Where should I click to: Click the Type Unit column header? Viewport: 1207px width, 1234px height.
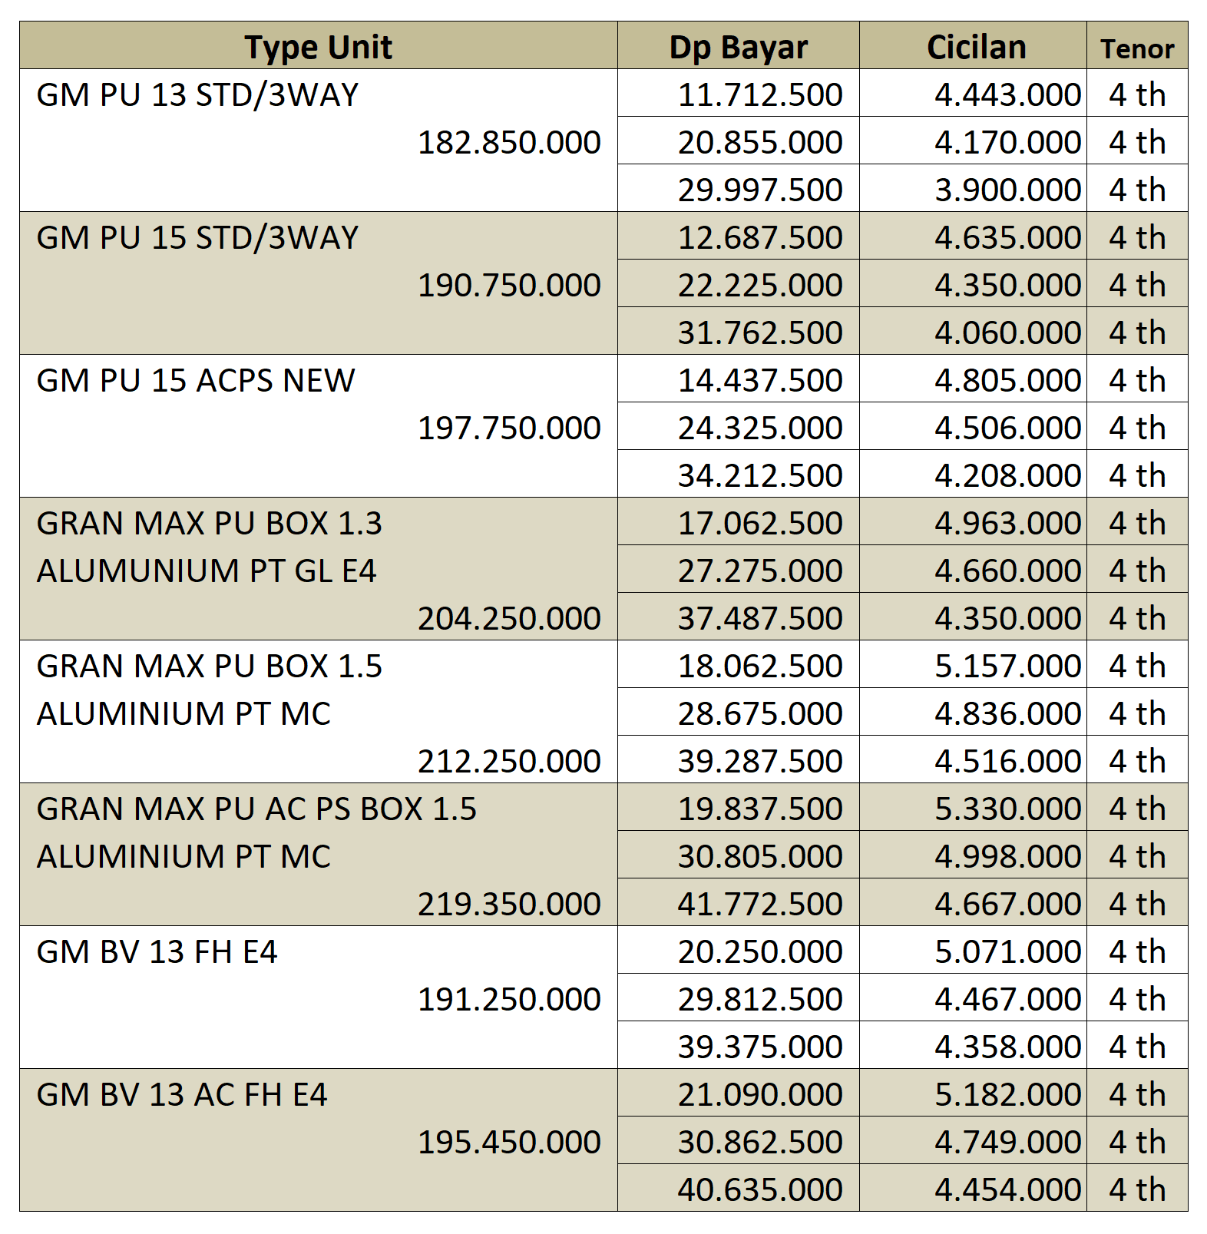(318, 48)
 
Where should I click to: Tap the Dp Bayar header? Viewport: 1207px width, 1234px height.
(738, 48)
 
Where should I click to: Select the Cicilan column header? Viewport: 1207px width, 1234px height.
(976, 48)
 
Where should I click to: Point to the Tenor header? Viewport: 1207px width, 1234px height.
(1137, 49)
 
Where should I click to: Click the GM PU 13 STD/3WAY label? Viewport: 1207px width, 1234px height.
(197, 95)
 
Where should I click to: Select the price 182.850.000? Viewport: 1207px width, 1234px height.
(509, 143)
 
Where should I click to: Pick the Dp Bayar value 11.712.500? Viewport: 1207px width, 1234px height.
(760, 95)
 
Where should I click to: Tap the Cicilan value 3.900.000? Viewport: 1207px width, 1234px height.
(1007, 190)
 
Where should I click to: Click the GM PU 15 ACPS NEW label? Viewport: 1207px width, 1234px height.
(196, 381)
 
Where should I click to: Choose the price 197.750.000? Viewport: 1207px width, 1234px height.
(509, 428)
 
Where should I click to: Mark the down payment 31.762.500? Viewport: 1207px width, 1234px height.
(760, 333)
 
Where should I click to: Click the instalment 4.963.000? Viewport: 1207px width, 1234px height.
(1007, 524)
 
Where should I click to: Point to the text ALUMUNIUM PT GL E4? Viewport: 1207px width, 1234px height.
(207, 571)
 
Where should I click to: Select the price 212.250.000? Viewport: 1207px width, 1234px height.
(509, 762)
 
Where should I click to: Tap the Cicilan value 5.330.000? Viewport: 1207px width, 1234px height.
(1007, 809)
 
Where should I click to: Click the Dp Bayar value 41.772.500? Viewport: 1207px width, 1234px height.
(760, 905)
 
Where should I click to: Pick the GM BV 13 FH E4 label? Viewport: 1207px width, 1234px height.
(157, 952)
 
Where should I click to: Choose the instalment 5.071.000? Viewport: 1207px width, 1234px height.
(1007, 952)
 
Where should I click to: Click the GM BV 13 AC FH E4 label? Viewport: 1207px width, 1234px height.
(182, 1095)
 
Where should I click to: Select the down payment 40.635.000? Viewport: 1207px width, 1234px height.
(760, 1190)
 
